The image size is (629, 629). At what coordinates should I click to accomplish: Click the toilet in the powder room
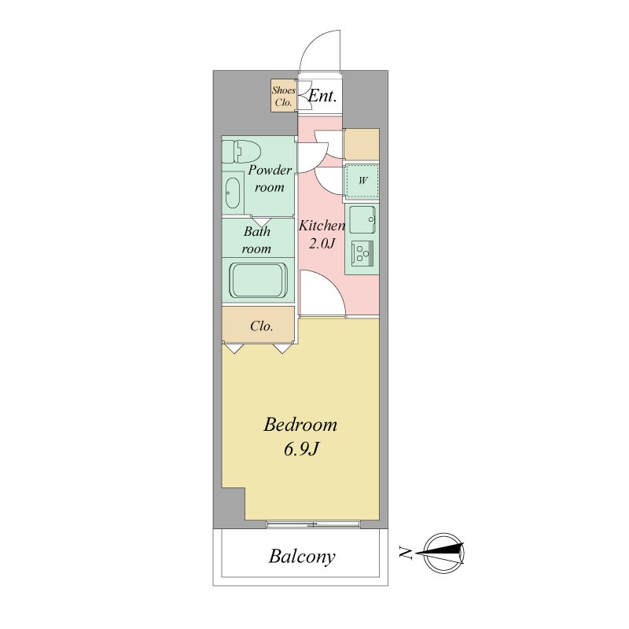coord(241,151)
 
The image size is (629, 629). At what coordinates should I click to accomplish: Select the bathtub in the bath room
coord(258,280)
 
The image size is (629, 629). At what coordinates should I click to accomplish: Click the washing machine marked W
coord(362,182)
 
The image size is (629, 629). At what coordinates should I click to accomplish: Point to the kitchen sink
coord(362,219)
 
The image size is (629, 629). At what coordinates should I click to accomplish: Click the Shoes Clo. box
coord(284,96)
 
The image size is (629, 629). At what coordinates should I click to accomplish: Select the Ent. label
coord(322,96)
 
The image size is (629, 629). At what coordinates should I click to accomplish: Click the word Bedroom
coord(300,425)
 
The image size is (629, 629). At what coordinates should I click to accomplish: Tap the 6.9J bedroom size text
coord(301,449)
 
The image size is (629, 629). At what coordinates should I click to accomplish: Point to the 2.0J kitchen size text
coord(322,243)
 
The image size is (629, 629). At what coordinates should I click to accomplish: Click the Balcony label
coord(302,557)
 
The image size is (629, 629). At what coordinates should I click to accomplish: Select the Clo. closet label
coord(262,326)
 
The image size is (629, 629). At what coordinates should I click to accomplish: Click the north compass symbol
coord(443,554)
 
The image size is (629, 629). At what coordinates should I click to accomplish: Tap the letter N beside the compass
coord(406,554)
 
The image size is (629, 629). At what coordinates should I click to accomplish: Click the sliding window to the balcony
coord(313,524)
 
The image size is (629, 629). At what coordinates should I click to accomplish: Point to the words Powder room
coord(270,178)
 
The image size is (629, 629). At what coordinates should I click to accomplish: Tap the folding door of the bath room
coord(263,222)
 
